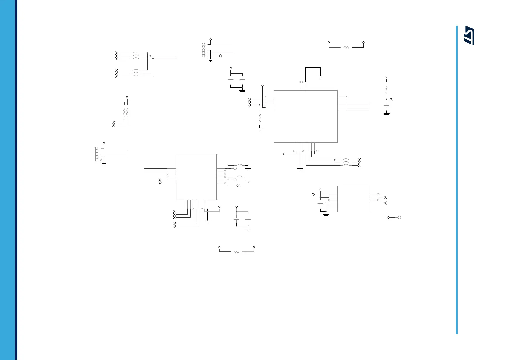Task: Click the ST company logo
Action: point(469,35)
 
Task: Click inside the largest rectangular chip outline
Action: point(305,116)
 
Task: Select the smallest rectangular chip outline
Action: point(353,199)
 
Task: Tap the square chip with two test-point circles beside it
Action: point(196,177)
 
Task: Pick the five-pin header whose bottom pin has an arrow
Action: point(203,50)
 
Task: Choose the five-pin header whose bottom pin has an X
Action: point(97,154)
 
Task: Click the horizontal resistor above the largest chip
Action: point(346,47)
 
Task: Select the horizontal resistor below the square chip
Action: point(237,252)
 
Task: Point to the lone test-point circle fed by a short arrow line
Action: point(399,217)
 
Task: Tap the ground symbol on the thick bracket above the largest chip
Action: point(320,77)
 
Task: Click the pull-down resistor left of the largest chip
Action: point(260,119)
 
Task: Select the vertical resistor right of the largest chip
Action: point(386,89)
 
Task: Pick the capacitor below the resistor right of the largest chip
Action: point(386,106)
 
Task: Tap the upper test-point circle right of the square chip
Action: point(235,168)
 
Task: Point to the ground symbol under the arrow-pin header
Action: point(211,60)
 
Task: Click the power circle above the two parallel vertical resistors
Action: point(127,97)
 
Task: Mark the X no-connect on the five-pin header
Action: point(101,160)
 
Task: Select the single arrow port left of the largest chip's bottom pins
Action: point(284,154)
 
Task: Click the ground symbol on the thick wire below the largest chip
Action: point(300,170)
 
